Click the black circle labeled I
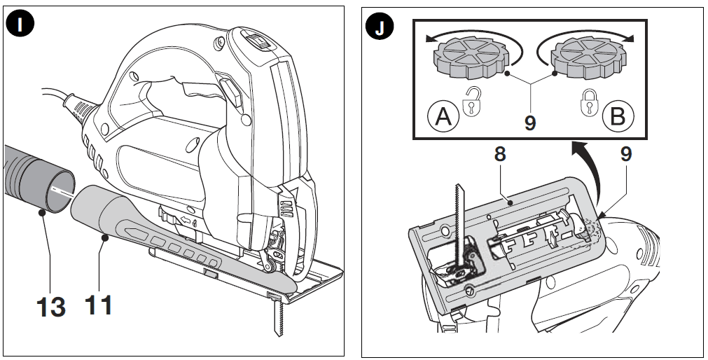pyautogui.click(x=22, y=25)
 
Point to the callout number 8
pyautogui.click(x=499, y=154)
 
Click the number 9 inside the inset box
pyautogui.click(x=530, y=123)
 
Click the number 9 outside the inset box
pyautogui.click(x=625, y=154)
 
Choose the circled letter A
pyautogui.click(x=443, y=116)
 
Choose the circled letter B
pyautogui.click(x=617, y=116)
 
